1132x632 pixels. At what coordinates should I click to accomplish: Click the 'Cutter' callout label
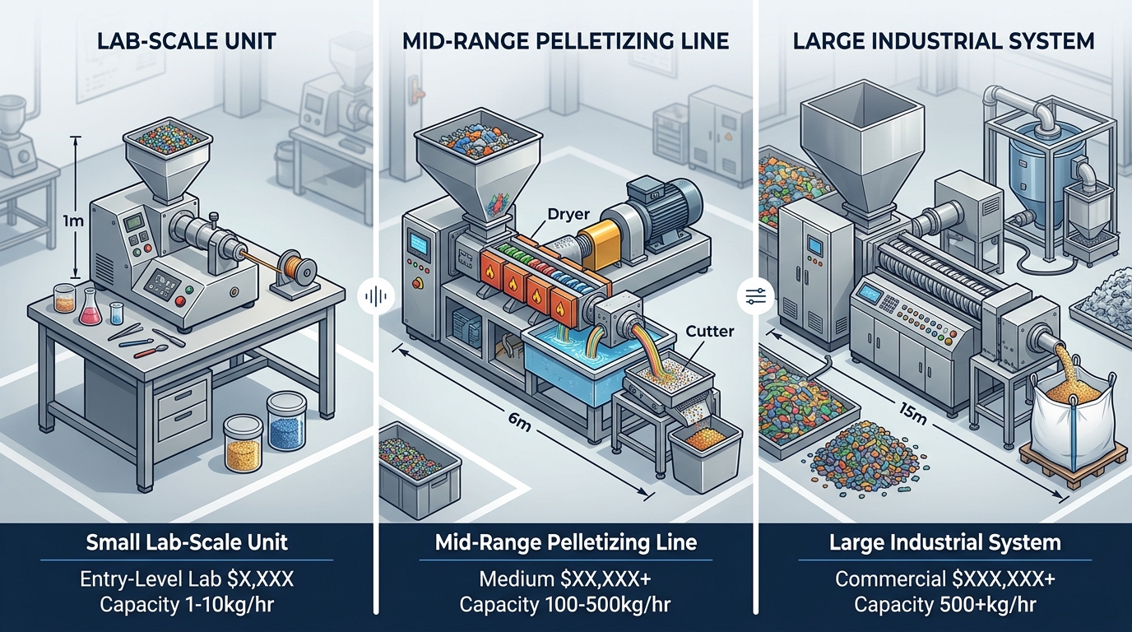click(x=709, y=332)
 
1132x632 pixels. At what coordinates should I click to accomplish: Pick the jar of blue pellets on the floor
click(x=287, y=422)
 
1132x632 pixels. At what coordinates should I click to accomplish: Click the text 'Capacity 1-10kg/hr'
click(x=188, y=605)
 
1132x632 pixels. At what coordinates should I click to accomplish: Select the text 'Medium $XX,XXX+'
click(x=564, y=579)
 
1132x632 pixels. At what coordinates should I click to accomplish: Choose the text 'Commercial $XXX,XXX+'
click(x=945, y=579)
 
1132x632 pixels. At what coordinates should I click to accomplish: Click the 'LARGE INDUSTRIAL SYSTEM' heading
click(x=944, y=42)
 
